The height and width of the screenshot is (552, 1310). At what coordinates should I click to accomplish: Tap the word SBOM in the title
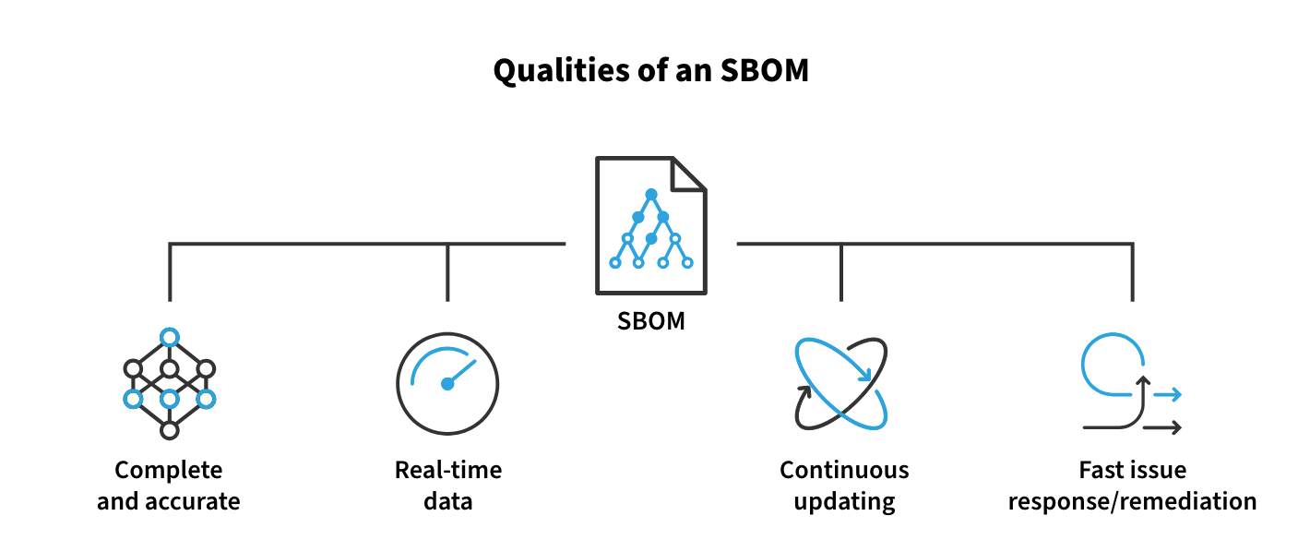(x=765, y=71)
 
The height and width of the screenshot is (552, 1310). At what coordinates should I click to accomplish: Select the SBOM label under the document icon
(x=651, y=321)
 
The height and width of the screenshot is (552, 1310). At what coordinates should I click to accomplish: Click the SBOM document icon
(x=651, y=225)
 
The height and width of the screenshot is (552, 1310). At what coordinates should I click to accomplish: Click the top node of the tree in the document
(x=651, y=194)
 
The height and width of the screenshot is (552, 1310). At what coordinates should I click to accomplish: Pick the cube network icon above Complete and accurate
(x=170, y=383)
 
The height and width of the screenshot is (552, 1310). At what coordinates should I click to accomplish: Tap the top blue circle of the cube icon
(x=170, y=337)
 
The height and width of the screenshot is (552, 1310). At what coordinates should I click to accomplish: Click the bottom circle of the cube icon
(x=170, y=430)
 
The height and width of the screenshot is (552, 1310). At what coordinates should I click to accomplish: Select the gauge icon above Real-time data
(x=447, y=383)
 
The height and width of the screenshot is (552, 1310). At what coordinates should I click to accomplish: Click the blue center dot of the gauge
(x=447, y=384)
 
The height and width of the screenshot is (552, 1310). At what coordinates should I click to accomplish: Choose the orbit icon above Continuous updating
(x=841, y=383)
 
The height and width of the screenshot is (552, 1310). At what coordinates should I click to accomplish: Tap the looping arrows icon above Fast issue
(x=1132, y=384)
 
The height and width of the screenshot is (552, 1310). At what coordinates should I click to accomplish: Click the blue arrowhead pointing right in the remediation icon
(x=1175, y=395)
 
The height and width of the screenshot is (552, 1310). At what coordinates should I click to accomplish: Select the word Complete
(x=169, y=470)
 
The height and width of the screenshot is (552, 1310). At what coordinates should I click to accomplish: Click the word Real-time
(x=448, y=470)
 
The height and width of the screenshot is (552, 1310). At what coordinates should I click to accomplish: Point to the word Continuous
(x=844, y=470)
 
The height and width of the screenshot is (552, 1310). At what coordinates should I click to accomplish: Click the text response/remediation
(x=1132, y=502)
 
